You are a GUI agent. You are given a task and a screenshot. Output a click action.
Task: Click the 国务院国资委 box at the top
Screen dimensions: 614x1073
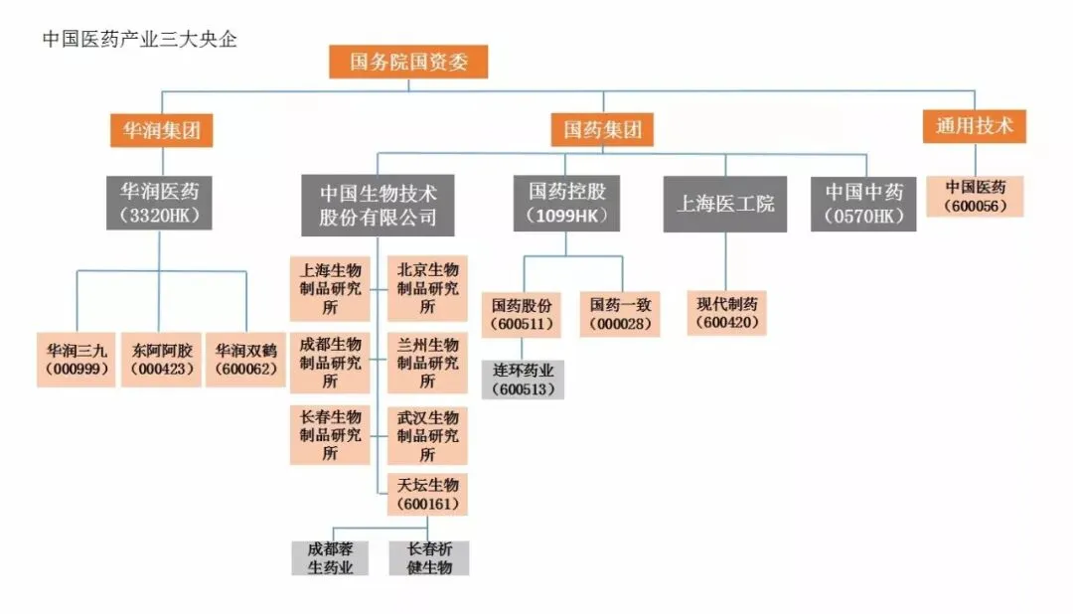pyautogui.click(x=408, y=63)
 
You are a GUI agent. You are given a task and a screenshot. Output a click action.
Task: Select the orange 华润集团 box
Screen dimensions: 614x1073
pyautogui.click(x=161, y=129)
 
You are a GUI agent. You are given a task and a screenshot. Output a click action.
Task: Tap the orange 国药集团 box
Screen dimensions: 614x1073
pyautogui.click(x=603, y=129)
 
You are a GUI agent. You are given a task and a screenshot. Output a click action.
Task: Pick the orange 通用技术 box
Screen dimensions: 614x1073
pyautogui.click(x=975, y=126)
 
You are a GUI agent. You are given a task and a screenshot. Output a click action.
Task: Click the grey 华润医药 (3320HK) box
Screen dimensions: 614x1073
pyautogui.click(x=159, y=202)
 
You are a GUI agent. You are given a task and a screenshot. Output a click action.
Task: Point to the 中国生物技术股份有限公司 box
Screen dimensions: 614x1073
pyautogui.click(x=378, y=205)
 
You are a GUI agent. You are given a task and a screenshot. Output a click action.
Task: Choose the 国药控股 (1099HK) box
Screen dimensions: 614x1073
pyautogui.click(x=567, y=202)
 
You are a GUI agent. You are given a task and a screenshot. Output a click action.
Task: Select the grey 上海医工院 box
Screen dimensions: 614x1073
pyautogui.click(x=725, y=204)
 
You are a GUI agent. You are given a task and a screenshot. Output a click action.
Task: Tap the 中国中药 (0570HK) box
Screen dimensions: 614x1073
pyautogui.click(x=864, y=203)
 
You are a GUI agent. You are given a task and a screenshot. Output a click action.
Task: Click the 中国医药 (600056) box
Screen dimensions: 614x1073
pyautogui.click(x=976, y=196)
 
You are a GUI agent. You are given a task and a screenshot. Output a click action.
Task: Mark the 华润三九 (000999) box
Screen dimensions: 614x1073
pyautogui.click(x=77, y=361)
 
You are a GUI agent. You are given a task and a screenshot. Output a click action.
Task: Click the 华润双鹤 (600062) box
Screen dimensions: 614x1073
pyautogui.click(x=245, y=361)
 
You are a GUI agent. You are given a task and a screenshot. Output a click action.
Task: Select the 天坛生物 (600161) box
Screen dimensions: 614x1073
pyautogui.click(x=427, y=495)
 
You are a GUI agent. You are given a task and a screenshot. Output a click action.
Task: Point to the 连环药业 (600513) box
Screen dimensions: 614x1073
pyautogui.click(x=524, y=379)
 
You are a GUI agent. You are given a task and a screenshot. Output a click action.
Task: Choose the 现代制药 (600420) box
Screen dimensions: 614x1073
pyautogui.click(x=726, y=313)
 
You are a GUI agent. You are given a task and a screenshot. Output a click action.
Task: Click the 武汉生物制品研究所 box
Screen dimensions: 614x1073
pyautogui.click(x=427, y=435)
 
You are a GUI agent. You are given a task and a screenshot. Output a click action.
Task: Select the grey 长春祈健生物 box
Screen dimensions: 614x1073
pyautogui.click(x=429, y=558)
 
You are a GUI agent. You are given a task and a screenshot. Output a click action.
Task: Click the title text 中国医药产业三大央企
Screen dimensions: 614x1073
pyautogui.click(x=140, y=40)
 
